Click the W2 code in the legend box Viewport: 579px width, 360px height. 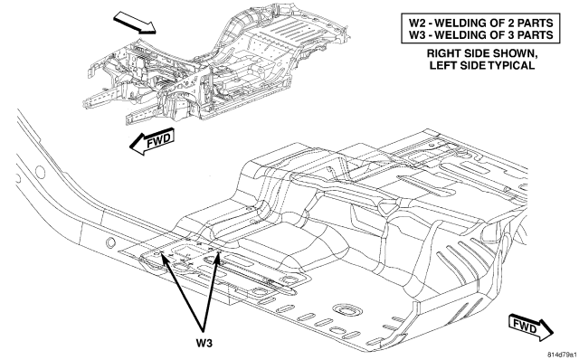click(418, 23)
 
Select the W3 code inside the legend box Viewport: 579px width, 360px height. click(418, 34)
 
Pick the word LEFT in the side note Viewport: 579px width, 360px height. click(442, 65)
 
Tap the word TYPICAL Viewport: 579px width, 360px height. click(511, 65)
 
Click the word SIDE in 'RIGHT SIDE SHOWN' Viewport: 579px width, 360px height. click(477, 53)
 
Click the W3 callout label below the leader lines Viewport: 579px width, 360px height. click(204, 343)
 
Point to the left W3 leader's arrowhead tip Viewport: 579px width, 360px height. click(161, 252)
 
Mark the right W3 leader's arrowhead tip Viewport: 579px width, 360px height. click(219, 251)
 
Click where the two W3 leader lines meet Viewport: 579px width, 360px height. click(203, 330)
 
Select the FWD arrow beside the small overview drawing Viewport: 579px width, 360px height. click(151, 141)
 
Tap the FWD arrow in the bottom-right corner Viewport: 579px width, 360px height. click(530, 327)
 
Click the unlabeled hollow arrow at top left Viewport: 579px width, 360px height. click(135, 22)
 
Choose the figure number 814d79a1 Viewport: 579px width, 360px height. click(563, 355)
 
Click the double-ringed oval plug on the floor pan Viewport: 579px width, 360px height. click(346, 309)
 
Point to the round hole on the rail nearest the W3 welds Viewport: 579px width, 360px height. click(110, 242)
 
